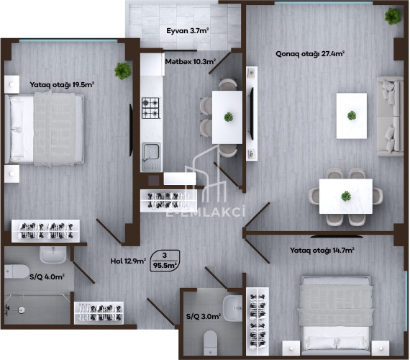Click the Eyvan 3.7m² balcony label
(x=188, y=31)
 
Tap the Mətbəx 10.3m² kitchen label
(x=191, y=62)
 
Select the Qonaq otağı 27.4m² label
(x=310, y=54)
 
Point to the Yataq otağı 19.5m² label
(x=62, y=85)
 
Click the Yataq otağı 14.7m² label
(x=322, y=251)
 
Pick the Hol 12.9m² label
(x=128, y=261)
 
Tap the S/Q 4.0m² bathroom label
(x=47, y=276)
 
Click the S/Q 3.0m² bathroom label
(x=204, y=317)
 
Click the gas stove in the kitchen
(x=151, y=108)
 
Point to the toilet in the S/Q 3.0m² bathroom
(x=210, y=343)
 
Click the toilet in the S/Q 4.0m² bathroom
(x=17, y=271)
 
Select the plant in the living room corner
(x=393, y=17)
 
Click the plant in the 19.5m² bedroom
(x=122, y=71)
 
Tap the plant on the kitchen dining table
(x=229, y=117)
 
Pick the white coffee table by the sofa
(x=352, y=116)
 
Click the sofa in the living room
(x=390, y=116)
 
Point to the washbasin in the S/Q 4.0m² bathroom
(x=53, y=255)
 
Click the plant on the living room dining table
(x=346, y=196)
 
